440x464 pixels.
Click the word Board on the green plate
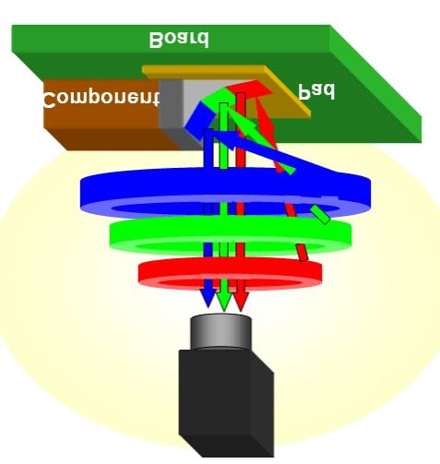pyautogui.click(x=179, y=40)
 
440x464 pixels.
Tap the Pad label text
pyautogui.click(x=316, y=91)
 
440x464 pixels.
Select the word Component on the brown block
pyautogui.click(x=101, y=99)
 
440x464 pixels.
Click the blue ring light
pyautogui.click(x=225, y=192)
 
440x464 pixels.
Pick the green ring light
pyautogui.click(x=231, y=235)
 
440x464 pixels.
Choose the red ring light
pyautogui.click(x=231, y=273)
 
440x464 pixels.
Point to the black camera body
pyautogui.click(x=226, y=403)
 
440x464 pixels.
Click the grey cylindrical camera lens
pyautogui.click(x=221, y=332)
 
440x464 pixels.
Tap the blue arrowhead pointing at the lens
pyautogui.click(x=208, y=298)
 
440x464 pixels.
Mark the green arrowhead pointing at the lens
pyautogui.click(x=223, y=301)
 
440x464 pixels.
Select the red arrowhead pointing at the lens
pyautogui.click(x=241, y=301)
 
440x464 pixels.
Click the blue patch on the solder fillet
pyautogui.click(x=200, y=121)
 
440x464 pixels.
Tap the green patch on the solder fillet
pyautogui.click(x=219, y=98)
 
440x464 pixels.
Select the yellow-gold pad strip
pyautogui.click(x=226, y=90)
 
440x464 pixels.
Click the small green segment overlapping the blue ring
pyautogui.click(x=320, y=215)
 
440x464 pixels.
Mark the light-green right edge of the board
pyautogui.click(x=375, y=84)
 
